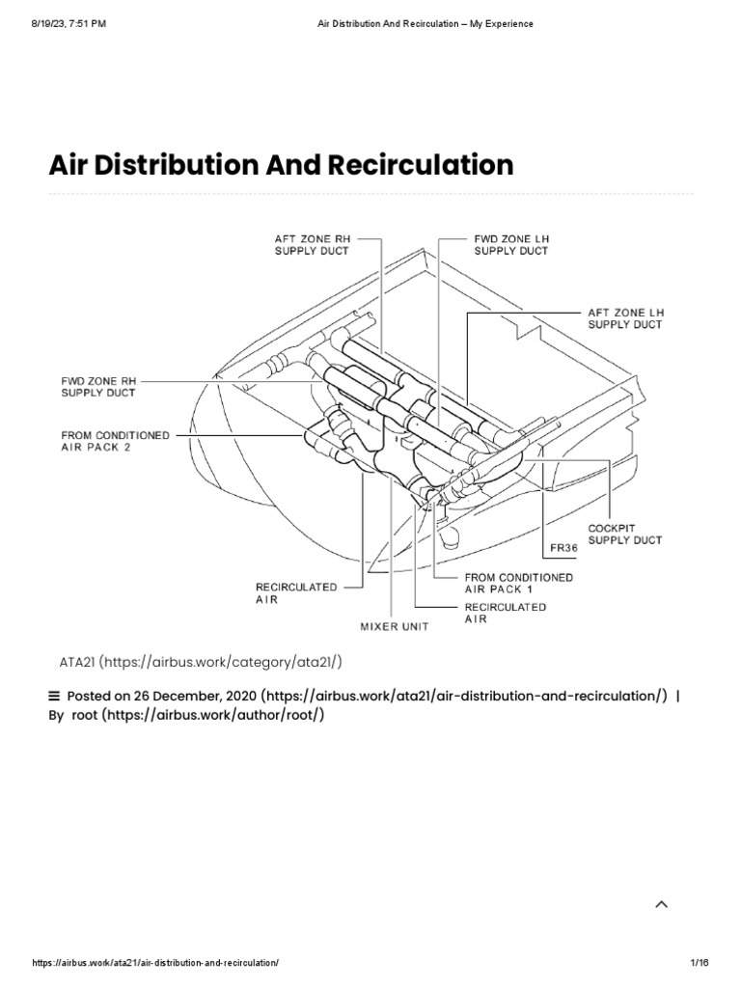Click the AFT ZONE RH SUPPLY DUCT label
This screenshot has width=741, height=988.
point(311,244)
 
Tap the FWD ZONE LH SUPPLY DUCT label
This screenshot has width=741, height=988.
point(510,244)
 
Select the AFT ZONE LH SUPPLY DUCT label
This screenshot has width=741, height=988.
point(625,319)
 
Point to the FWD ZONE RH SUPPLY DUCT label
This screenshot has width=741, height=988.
point(98,387)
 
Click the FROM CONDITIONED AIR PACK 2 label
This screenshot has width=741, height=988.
point(115,442)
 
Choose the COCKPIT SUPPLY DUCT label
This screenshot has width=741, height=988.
point(624,535)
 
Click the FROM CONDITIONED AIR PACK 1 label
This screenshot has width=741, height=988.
point(518,583)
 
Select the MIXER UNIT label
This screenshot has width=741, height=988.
point(395,626)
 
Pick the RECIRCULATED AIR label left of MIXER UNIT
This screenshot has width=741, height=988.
point(283,591)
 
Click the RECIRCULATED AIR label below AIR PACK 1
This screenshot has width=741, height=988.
point(505,613)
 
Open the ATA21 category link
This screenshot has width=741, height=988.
point(202,661)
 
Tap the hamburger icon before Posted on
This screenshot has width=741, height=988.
point(54,695)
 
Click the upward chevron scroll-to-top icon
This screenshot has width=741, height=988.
point(661,904)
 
